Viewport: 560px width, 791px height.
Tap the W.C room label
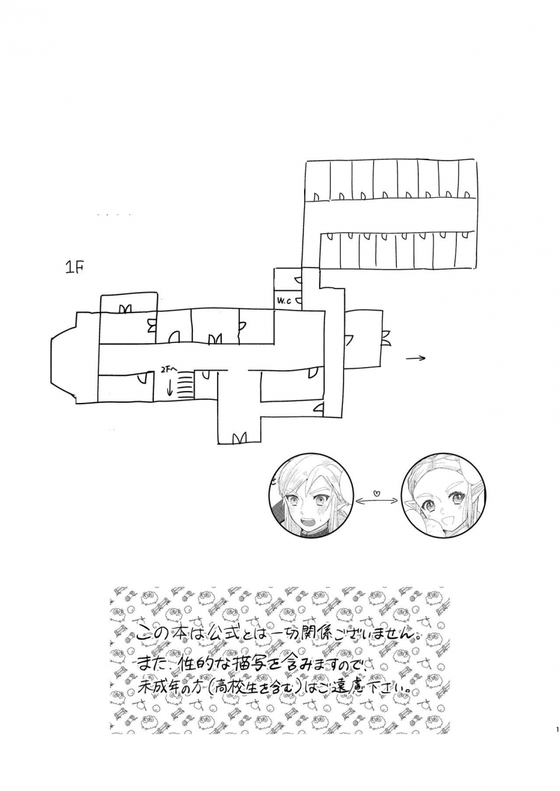(x=284, y=301)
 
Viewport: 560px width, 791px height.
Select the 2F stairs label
(x=169, y=369)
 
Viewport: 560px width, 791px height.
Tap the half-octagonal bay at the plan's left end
(x=62, y=362)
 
